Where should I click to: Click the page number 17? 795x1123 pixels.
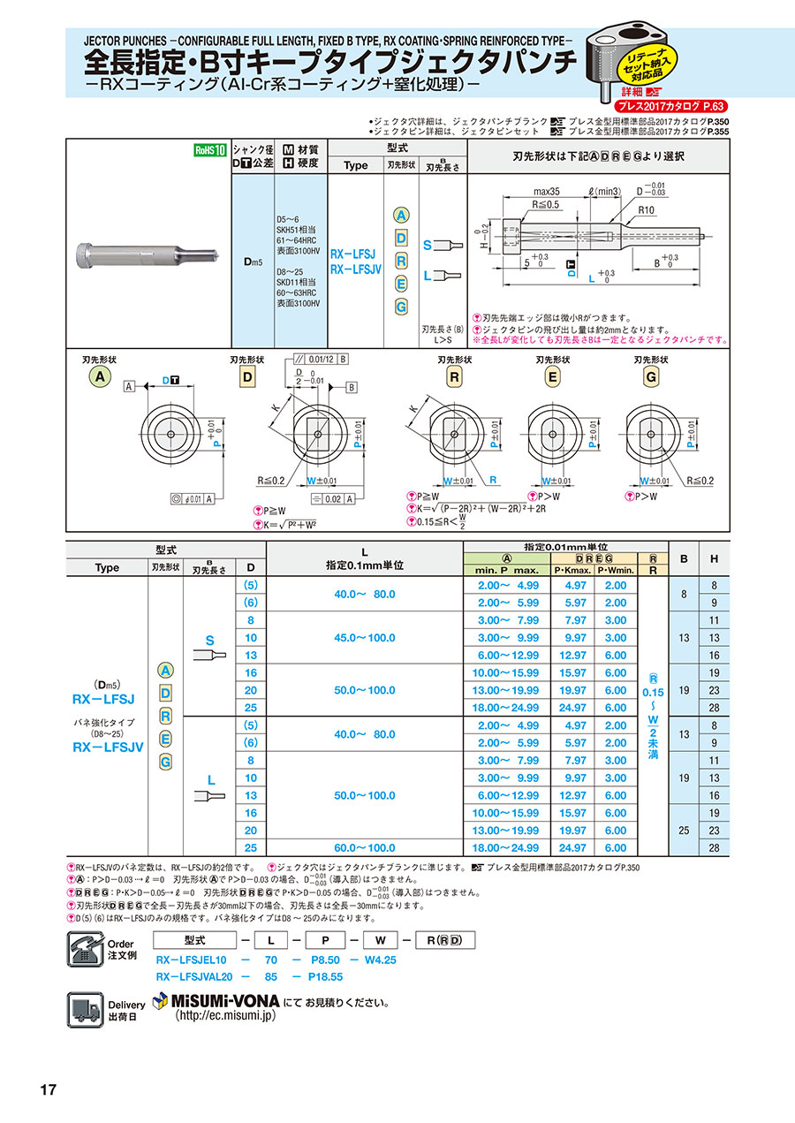click(x=48, y=1089)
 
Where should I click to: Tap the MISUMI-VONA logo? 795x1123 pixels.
click(x=216, y=1002)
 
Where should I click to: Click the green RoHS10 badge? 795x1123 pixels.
click(x=211, y=150)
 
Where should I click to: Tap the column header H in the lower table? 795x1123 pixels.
click(x=714, y=558)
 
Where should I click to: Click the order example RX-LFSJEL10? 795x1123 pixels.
click(x=192, y=959)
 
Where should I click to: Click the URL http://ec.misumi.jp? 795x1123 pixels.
click(x=225, y=1017)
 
